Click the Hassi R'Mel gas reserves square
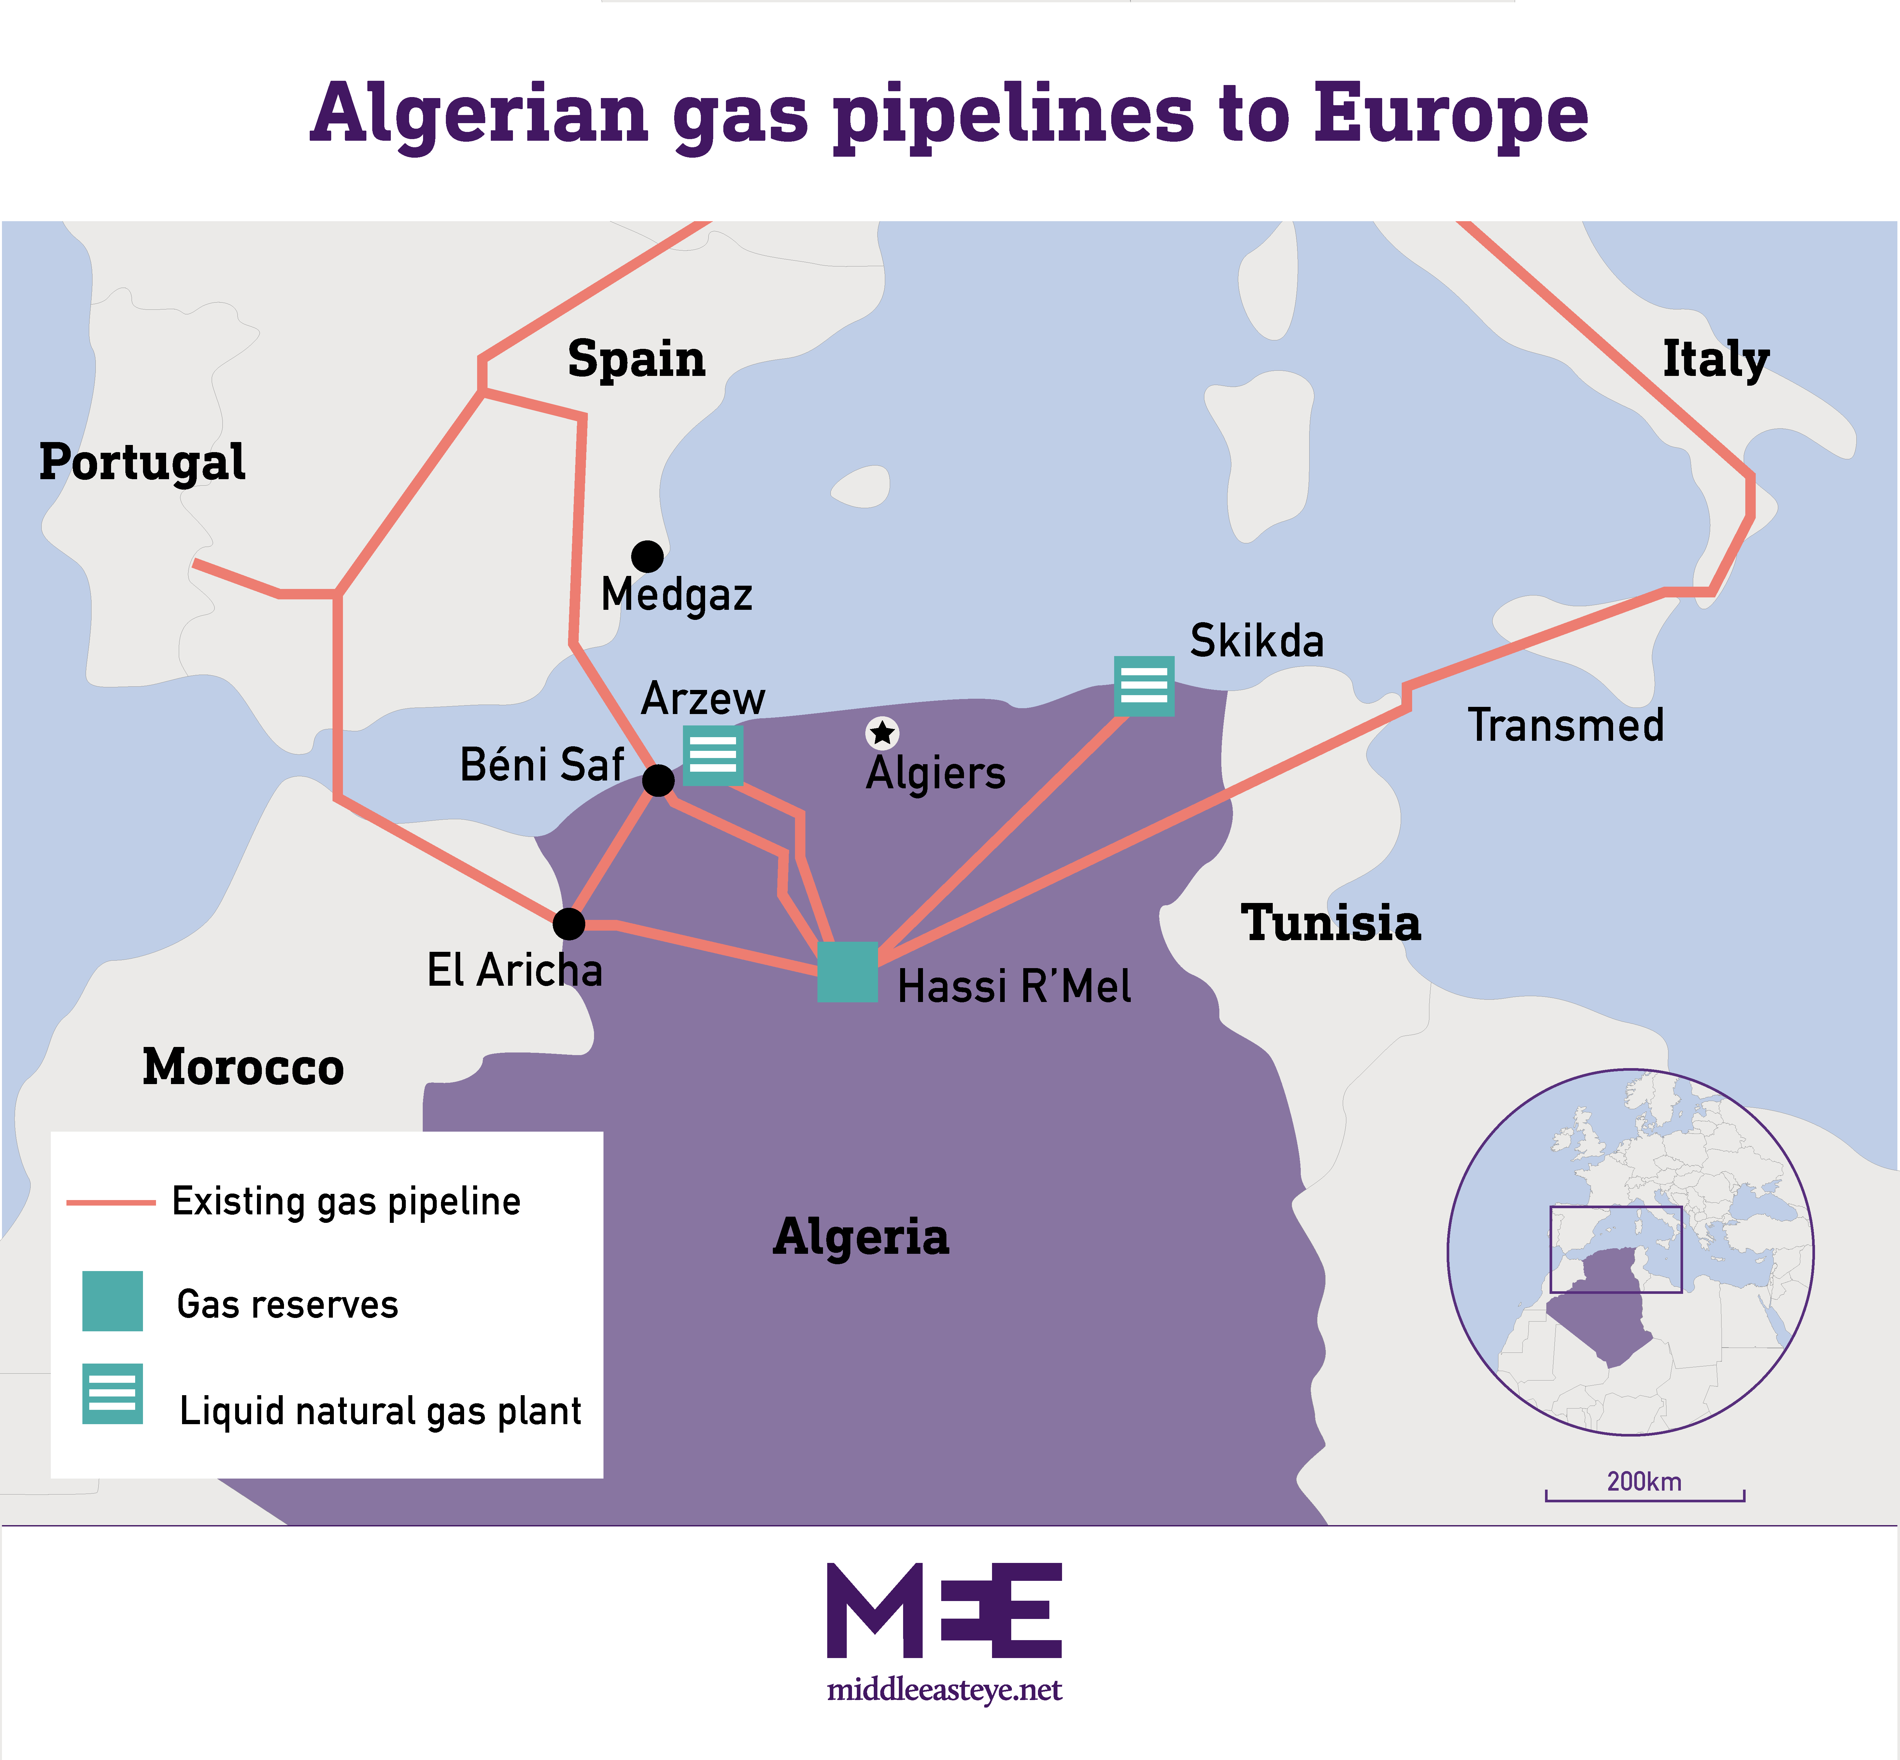point(847,971)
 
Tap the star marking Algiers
point(882,732)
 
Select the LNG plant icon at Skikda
point(1144,686)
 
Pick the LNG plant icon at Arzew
point(712,755)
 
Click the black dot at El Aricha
point(569,923)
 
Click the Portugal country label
point(142,463)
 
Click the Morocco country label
point(243,1067)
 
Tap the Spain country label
point(636,359)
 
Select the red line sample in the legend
point(110,1203)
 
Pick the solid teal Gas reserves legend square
point(112,1301)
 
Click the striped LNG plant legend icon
point(112,1393)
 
